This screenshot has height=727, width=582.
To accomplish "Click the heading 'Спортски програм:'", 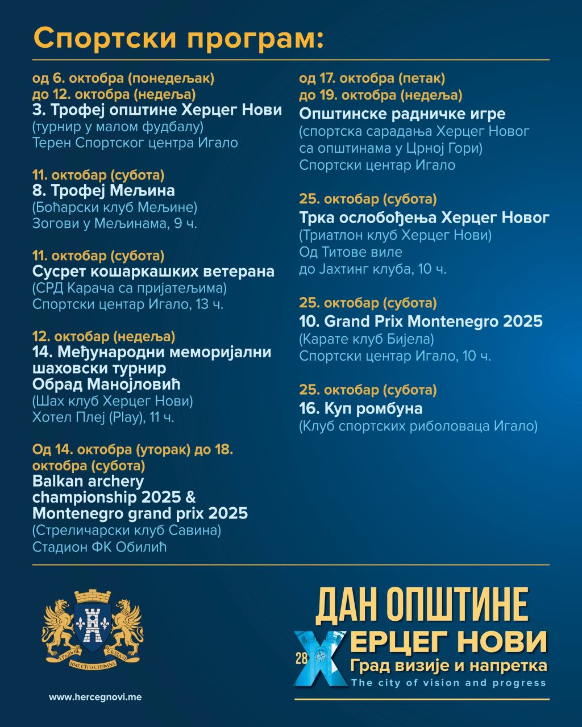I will click(178, 38).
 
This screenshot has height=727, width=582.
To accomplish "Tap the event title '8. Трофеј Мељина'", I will click(103, 190).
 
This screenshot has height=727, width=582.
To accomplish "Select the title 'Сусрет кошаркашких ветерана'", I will click(153, 271).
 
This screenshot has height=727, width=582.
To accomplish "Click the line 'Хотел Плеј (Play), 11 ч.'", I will click(103, 417).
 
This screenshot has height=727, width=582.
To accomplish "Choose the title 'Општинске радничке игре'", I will click(402, 114).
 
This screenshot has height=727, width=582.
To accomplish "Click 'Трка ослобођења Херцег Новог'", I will click(424, 218).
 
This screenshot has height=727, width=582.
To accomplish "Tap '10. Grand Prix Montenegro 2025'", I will click(421, 321).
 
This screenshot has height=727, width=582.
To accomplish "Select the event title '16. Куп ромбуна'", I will click(360, 408).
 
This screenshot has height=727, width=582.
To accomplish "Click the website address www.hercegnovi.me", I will click(95, 697).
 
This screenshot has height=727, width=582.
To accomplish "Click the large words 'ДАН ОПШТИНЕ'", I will click(422, 605).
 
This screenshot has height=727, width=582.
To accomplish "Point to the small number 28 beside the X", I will click(301, 658).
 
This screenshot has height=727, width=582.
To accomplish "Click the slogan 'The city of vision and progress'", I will click(448, 683).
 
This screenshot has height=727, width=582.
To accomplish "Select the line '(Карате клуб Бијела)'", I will click(366, 339).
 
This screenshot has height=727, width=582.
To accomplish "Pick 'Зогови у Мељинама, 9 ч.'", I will click(115, 223).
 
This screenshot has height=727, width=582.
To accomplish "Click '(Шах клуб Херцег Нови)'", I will click(113, 401).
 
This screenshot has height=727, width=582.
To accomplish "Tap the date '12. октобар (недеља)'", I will click(104, 336).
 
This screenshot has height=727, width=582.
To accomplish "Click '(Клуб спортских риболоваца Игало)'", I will click(418, 425).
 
